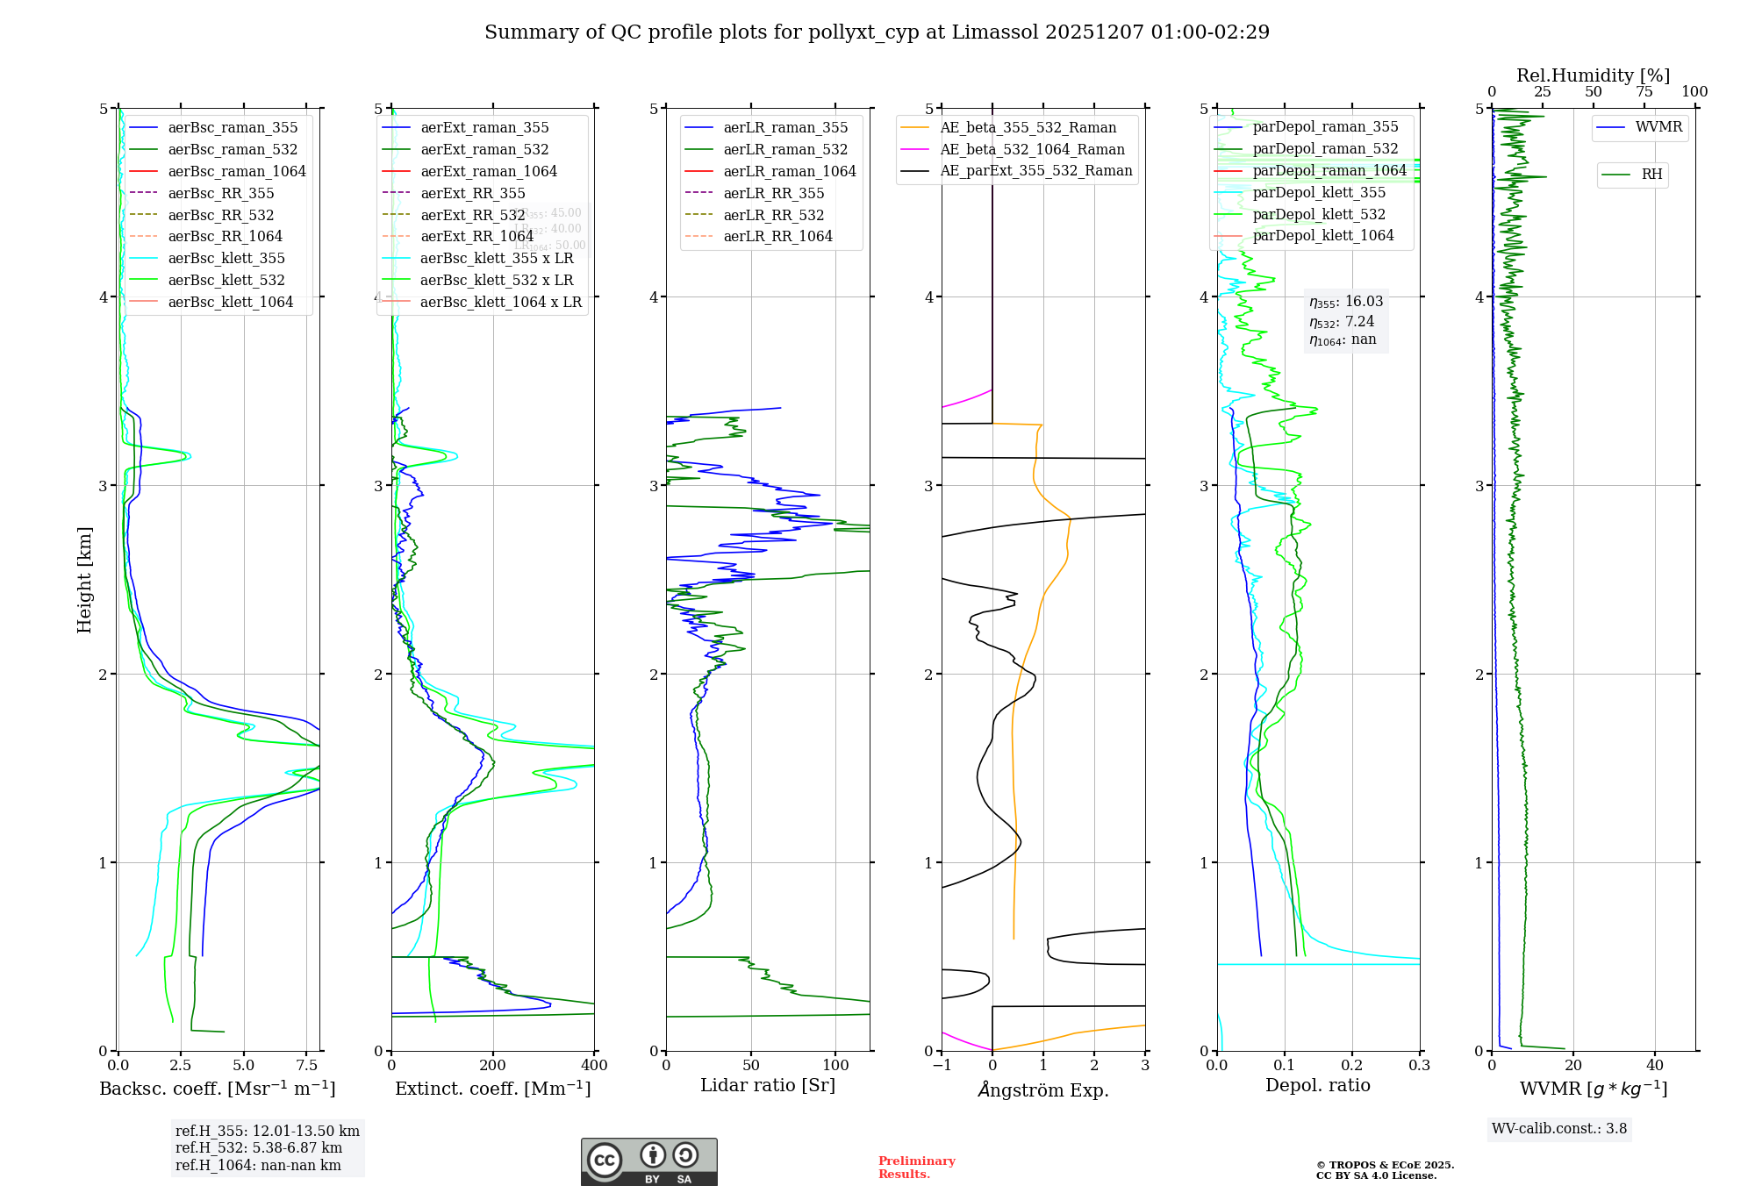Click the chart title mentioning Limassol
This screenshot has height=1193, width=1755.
click(x=877, y=32)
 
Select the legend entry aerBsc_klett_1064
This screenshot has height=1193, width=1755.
click(x=230, y=302)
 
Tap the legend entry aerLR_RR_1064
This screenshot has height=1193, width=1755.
click(x=777, y=236)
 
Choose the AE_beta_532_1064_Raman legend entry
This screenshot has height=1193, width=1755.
click(x=1032, y=149)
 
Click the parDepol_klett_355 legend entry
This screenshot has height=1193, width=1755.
click(x=1319, y=192)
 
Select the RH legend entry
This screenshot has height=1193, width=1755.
click(x=1651, y=175)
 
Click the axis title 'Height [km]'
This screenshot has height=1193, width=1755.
click(x=84, y=579)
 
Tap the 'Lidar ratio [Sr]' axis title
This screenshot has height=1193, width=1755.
click(x=768, y=1085)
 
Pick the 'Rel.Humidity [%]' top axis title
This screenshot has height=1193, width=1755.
click(x=1593, y=75)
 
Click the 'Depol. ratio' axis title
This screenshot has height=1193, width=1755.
click(x=1317, y=1085)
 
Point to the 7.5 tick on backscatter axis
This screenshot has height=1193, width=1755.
click(x=306, y=1065)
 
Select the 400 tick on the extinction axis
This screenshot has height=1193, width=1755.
click(x=594, y=1065)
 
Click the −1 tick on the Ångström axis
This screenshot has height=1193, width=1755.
click(x=942, y=1065)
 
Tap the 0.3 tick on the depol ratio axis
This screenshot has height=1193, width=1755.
click(x=1419, y=1065)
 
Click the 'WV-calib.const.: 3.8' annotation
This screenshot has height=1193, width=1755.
click(x=1558, y=1128)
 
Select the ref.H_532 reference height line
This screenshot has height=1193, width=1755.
click(x=258, y=1147)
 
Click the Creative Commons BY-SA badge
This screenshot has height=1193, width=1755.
click(x=648, y=1162)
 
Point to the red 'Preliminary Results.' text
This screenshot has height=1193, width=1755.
click(x=916, y=1167)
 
